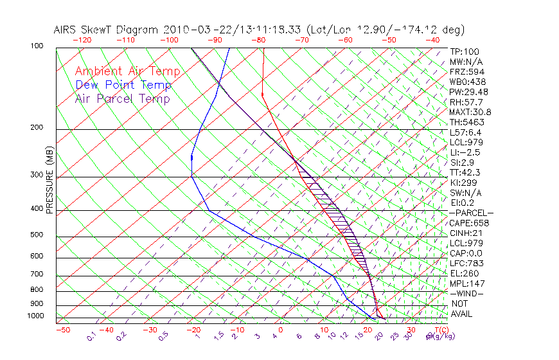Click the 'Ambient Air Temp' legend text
click(x=127, y=71)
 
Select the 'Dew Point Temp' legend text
click(x=123, y=85)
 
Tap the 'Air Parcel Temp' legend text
click(x=123, y=98)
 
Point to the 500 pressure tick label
click(x=37, y=235)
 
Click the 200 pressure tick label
click(x=37, y=128)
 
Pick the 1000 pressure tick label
click(x=36, y=316)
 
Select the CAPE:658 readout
click(x=469, y=223)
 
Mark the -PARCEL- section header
click(x=471, y=213)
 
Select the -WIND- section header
click(x=466, y=294)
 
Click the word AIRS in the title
click(x=67, y=30)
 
